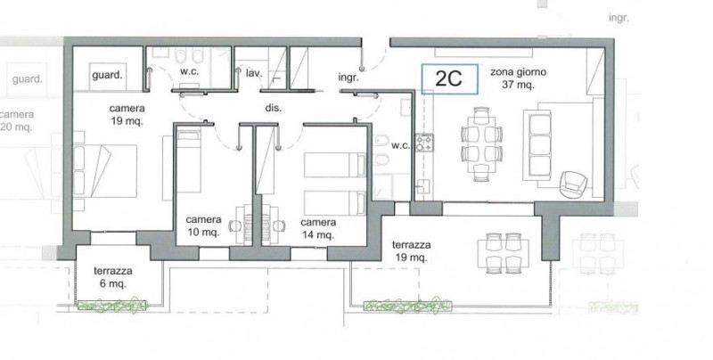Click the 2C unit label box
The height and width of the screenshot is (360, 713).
click(x=449, y=79)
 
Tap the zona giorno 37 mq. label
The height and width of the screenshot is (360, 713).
click(x=518, y=78)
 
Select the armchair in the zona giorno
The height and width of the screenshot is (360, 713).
click(x=573, y=184)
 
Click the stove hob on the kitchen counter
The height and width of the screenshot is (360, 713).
click(x=424, y=143)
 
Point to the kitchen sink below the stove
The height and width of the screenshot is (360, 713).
click(x=422, y=187)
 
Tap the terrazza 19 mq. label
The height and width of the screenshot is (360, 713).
click(x=411, y=251)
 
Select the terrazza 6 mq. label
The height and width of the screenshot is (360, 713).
click(x=113, y=277)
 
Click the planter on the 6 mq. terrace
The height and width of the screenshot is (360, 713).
click(x=112, y=305)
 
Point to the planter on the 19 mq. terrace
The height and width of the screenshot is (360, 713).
click(x=407, y=306)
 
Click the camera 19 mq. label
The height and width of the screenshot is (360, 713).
click(x=127, y=115)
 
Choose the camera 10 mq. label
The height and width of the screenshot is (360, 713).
click(x=203, y=226)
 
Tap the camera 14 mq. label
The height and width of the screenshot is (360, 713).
click(x=318, y=229)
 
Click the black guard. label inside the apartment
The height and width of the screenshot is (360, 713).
click(x=107, y=75)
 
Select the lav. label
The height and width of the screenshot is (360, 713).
click(x=252, y=73)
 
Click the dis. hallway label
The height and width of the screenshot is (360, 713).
click(x=274, y=108)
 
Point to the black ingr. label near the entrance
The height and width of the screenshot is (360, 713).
click(x=348, y=78)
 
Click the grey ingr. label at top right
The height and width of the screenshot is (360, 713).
click(x=619, y=18)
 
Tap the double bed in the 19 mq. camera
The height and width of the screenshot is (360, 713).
click(x=105, y=171)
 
